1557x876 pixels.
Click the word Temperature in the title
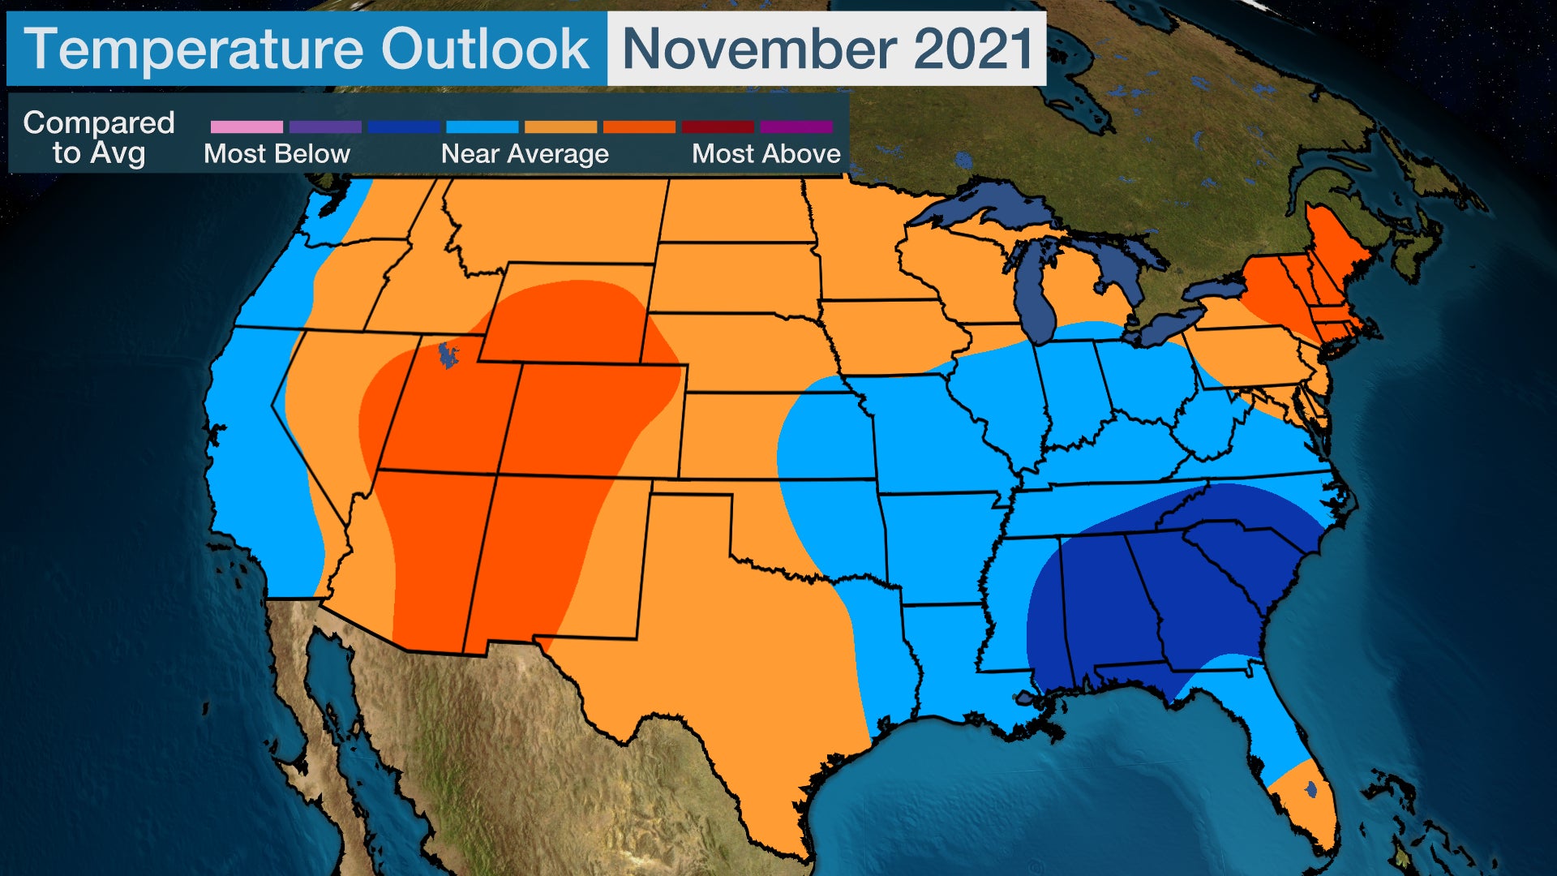(195, 49)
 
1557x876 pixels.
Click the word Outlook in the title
(485, 49)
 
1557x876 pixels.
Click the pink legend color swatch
(247, 127)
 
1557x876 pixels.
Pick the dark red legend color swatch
(718, 127)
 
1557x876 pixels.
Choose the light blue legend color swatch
(482, 127)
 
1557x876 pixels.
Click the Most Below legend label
(277, 153)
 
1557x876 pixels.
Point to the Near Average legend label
(525, 153)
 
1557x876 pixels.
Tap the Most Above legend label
(766, 153)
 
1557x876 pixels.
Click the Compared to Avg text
(99, 137)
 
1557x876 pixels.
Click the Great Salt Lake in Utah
(447, 354)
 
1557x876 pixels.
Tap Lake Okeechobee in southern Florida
(1311, 788)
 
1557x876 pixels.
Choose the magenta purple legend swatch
(796, 127)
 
